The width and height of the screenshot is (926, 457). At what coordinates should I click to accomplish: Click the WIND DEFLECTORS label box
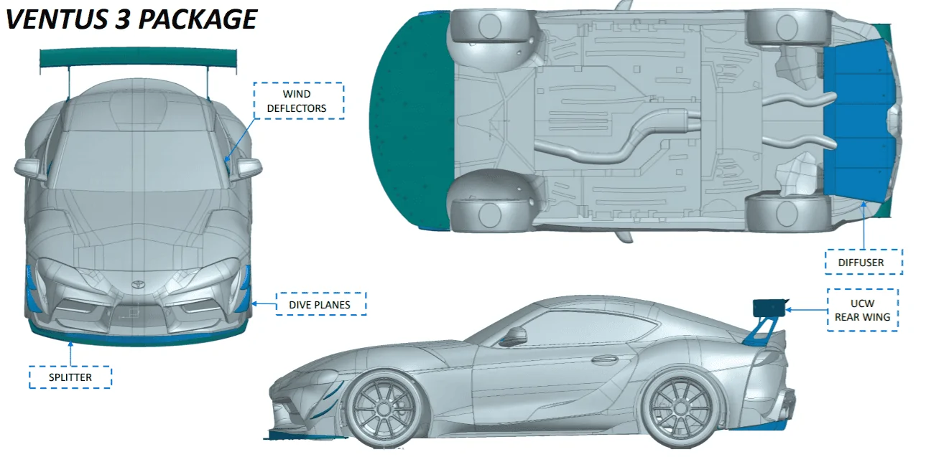pyautogui.click(x=298, y=100)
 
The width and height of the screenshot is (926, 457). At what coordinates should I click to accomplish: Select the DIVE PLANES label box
pyautogui.click(x=321, y=304)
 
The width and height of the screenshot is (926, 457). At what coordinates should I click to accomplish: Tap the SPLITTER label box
pyautogui.click(x=70, y=377)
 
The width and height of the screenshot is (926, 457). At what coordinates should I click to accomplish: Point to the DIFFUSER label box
pyautogui.click(x=864, y=262)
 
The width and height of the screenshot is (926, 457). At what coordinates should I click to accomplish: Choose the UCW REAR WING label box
pyautogui.click(x=862, y=310)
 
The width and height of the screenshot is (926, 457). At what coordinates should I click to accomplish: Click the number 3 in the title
pyautogui.click(x=123, y=19)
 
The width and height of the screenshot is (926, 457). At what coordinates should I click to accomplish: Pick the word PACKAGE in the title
pyautogui.click(x=198, y=19)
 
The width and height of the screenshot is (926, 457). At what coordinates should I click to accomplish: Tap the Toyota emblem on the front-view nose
pyautogui.click(x=137, y=284)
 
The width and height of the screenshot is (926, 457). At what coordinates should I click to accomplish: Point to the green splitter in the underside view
pyautogui.click(x=412, y=120)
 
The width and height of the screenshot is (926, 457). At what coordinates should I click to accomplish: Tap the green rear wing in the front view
pyautogui.click(x=138, y=58)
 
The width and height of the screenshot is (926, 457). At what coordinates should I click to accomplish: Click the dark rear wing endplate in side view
pyautogui.click(x=769, y=308)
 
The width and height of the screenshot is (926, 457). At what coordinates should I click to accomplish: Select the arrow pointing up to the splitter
pyautogui.click(x=70, y=354)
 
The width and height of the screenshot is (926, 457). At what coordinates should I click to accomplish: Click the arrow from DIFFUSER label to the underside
pyautogui.click(x=864, y=225)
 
